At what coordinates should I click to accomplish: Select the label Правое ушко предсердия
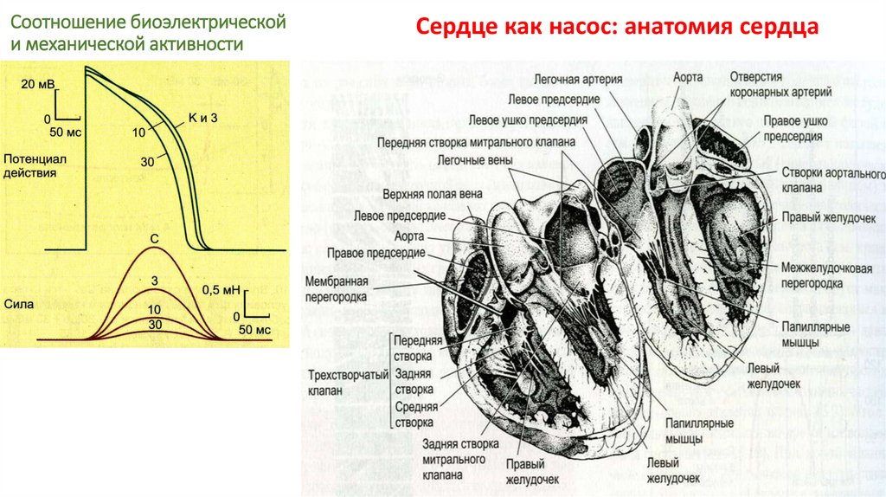coord(793,129)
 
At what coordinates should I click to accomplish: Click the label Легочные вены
coord(473,160)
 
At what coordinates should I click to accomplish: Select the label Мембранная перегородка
coord(337,289)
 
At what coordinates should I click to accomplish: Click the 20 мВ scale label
coord(38,84)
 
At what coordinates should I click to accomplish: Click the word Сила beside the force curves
coord(18,305)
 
